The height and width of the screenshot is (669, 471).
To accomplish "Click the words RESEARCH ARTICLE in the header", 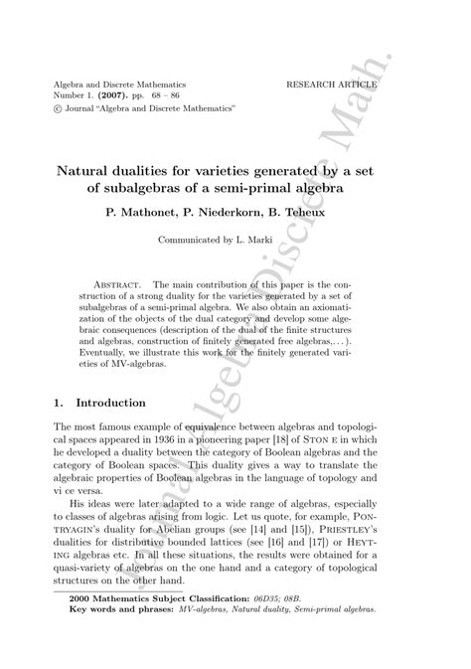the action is pyautogui.click(x=331, y=85).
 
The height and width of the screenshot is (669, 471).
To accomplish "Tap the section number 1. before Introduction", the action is pyautogui.click(x=59, y=403).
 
